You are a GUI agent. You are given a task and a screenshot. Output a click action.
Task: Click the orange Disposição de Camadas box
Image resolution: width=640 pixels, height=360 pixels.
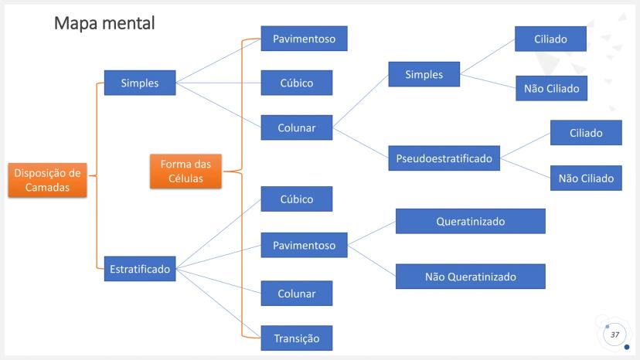(46, 180)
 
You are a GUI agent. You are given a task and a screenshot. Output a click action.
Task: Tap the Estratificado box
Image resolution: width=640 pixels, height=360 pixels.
(139, 269)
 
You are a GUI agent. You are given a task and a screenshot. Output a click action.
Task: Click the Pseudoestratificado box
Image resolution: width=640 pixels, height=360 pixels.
(444, 158)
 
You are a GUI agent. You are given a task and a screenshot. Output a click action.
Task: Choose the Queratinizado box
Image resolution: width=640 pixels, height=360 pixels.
(470, 221)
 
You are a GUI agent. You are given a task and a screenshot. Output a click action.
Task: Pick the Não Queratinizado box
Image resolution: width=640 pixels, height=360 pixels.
(470, 276)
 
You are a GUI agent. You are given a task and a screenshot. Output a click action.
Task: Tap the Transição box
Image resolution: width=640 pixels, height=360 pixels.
(297, 337)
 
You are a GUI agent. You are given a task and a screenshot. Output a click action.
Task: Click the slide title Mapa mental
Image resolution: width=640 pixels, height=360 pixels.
(104, 23)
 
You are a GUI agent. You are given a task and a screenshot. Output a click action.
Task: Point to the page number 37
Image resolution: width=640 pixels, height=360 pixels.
(614, 335)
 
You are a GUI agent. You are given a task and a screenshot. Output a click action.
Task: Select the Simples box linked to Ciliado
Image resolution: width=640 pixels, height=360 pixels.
(424, 75)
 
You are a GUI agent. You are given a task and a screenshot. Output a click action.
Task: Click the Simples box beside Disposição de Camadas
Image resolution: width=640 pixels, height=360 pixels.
(139, 83)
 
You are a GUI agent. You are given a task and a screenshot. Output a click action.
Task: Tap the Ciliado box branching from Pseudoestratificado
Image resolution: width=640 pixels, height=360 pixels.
(586, 133)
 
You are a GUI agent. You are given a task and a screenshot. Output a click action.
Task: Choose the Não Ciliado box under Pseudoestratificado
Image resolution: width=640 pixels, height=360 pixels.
(586, 178)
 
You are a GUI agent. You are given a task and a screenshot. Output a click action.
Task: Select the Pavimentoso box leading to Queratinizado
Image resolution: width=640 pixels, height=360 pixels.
(304, 246)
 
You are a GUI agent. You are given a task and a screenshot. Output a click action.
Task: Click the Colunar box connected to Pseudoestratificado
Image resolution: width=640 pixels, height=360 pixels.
(297, 127)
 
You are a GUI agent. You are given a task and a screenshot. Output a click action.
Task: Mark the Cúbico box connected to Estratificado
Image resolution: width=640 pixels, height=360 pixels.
(297, 199)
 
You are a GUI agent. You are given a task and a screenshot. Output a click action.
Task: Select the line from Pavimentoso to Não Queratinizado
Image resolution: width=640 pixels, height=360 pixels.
(371, 260)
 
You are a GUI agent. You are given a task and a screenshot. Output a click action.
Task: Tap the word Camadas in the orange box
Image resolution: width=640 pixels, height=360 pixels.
(46, 188)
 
